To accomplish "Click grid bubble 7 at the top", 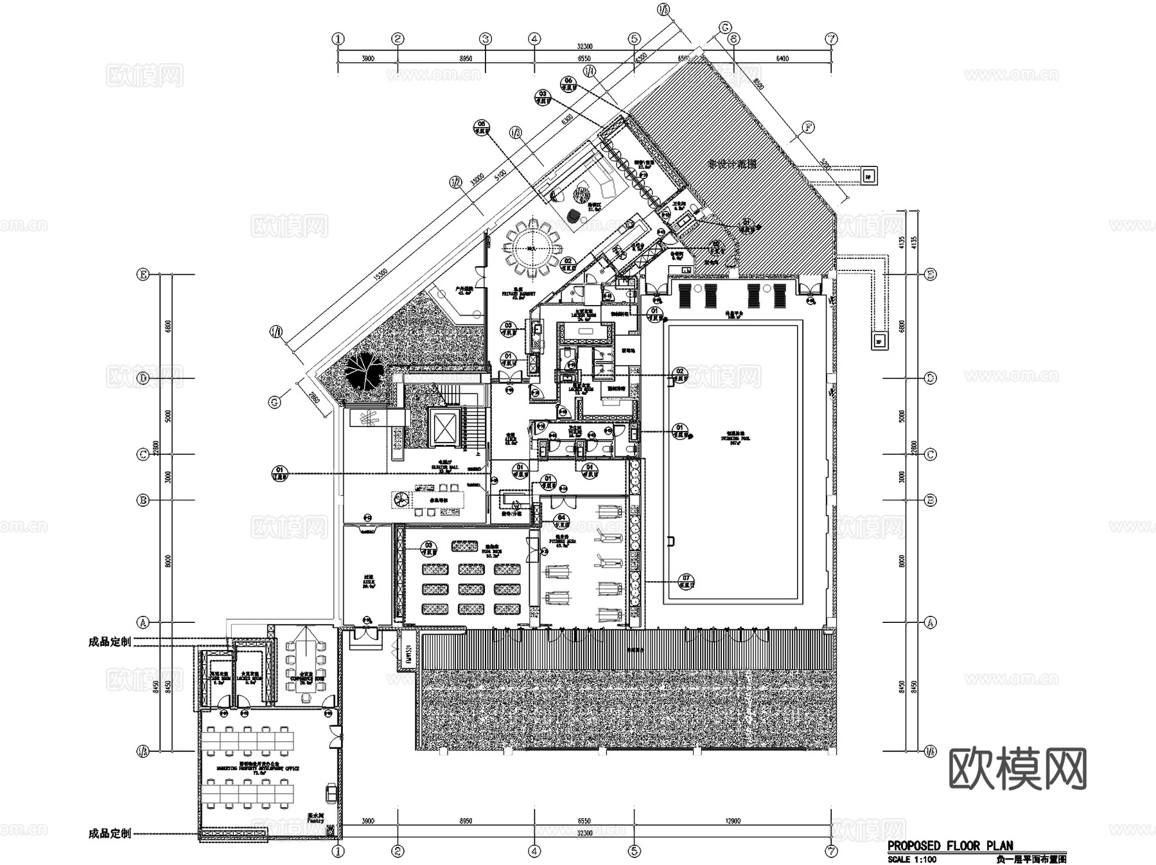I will click(x=832, y=39).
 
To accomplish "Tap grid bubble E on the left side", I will click(x=143, y=275).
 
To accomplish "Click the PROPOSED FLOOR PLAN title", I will click(x=950, y=846).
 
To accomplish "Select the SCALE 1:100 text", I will click(x=912, y=859).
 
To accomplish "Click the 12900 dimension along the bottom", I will click(x=733, y=821).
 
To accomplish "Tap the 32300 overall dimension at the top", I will click(x=584, y=46).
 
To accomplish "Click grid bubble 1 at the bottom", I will click(x=338, y=852).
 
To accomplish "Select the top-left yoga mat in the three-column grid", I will click(x=436, y=569).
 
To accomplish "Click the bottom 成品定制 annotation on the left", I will click(x=109, y=834).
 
